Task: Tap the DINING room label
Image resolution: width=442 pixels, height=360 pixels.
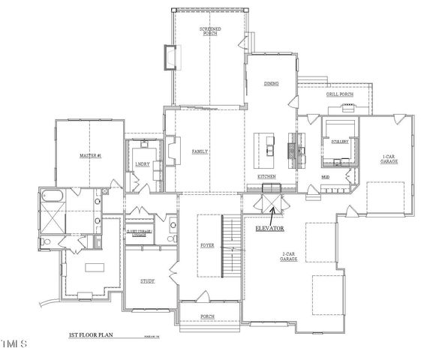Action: coord(271,84)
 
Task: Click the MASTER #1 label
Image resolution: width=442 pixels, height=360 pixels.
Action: coord(90,156)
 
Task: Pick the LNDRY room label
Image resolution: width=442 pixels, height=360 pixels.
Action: coord(142,163)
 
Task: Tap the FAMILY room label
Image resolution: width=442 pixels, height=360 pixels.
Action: coord(200,151)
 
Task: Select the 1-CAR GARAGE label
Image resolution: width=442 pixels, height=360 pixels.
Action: coord(389,157)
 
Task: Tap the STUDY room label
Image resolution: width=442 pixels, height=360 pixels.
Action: coord(147,281)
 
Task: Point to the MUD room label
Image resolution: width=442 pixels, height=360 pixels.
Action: coord(326,177)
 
